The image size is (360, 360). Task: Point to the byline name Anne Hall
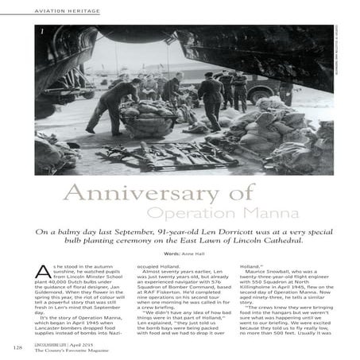click(x=192, y=254)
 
